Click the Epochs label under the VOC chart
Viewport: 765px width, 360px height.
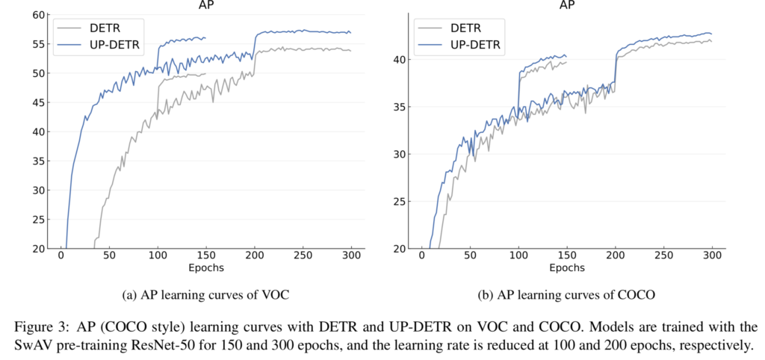point(206,267)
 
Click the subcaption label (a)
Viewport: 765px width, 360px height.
point(128,295)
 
